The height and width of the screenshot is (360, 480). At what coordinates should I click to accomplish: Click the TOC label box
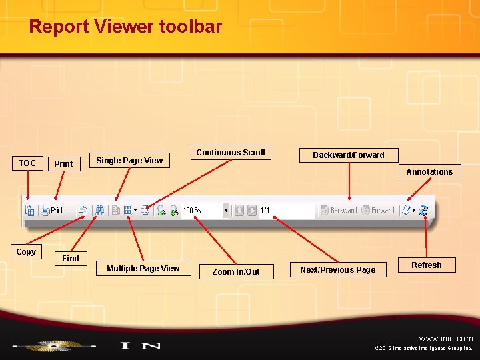pyautogui.click(x=27, y=163)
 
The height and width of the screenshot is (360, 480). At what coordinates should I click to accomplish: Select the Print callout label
pyautogui.click(x=63, y=163)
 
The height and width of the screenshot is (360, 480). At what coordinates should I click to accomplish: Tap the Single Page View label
pyautogui.click(x=129, y=160)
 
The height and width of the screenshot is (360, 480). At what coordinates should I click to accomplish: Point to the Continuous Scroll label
pyautogui.click(x=231, y=153)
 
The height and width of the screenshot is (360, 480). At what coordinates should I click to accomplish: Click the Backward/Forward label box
pyautogui.click(x=349, y=155)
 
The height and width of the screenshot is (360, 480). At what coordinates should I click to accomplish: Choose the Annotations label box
pyautogui.click(x=429, y=172)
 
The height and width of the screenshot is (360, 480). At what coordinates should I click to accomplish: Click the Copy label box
pyautogui.click(x=26, y=252)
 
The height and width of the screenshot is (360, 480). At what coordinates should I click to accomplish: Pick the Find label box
pyautogui.click(x=70, y=259)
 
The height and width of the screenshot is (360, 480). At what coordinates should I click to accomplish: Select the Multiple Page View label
pyautogui.click(x=143, y=269)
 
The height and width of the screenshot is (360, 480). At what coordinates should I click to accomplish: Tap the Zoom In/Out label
pyautogui.click(x=235, y=271)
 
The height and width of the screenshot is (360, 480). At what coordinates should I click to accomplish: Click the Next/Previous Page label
pyautogui.click(x=337, y=270)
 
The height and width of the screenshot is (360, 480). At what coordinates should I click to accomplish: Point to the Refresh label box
pyautogui.click(x=426, y=265)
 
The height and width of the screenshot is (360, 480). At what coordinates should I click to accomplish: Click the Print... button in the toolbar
pyautogui.click(x=56, y=211)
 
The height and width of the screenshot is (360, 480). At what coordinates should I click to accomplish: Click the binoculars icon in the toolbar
pyautogui.click(x=99, y=211)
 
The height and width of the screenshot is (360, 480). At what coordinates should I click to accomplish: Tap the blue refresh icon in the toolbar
pyautogui.click(x=424, y=211)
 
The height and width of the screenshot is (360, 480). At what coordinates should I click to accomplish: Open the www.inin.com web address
pyautogui.click(x=446, y=338)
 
